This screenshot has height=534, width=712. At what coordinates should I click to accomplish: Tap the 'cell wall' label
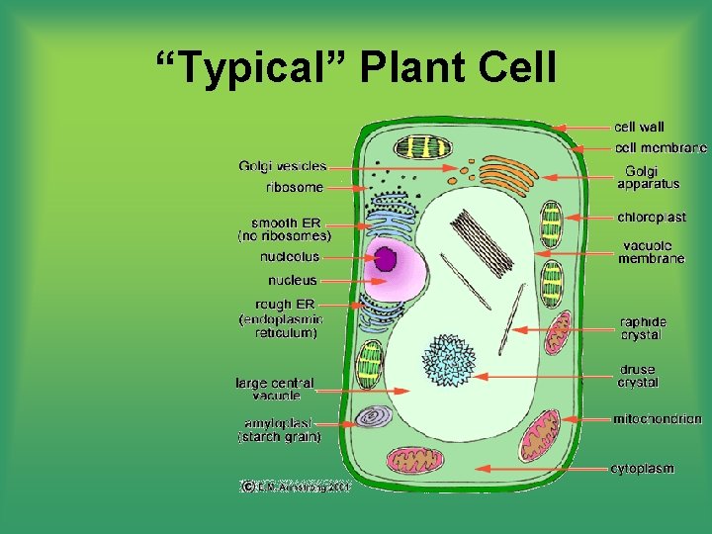(639, 127)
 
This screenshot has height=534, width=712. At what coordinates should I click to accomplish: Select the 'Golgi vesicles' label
(282, 166)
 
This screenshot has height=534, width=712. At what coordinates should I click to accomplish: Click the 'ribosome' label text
(294, 186)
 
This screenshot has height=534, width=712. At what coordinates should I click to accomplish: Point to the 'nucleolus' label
(290, 257)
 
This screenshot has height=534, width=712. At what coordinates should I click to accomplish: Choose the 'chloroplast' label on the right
(651, 217)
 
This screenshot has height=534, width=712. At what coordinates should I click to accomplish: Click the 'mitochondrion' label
(658, 419)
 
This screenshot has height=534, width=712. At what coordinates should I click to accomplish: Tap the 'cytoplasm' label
(643, 468)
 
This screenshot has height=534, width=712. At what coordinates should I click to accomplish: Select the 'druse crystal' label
(638, 377)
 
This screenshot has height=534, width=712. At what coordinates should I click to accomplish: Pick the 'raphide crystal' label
(643, 328)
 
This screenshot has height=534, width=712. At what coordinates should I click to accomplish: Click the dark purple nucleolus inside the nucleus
(385, 259)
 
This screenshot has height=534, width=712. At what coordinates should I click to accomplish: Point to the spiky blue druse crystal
(450, 360)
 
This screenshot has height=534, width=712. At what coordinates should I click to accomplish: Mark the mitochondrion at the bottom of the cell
(408, 460)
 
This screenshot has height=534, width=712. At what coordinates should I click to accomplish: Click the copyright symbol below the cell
(246, 486)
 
